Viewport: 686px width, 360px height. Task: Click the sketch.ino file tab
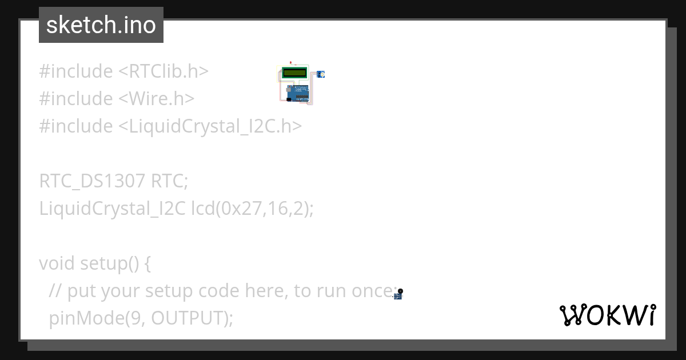[101, 25]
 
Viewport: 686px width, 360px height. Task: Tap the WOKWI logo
[608, 315]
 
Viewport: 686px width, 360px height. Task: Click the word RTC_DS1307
[93, 181]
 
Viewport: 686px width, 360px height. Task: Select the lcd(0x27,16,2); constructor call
[253, 209]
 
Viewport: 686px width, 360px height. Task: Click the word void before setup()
[57, 263]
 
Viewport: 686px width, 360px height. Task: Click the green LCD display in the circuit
[294, 73]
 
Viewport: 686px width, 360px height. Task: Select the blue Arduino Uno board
[295, 93]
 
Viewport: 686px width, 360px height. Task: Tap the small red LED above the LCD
[290, 62]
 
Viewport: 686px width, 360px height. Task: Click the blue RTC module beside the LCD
[320, 74]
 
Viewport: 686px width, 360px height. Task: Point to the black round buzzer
[400, 291]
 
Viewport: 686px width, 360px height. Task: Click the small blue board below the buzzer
[397, 297]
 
